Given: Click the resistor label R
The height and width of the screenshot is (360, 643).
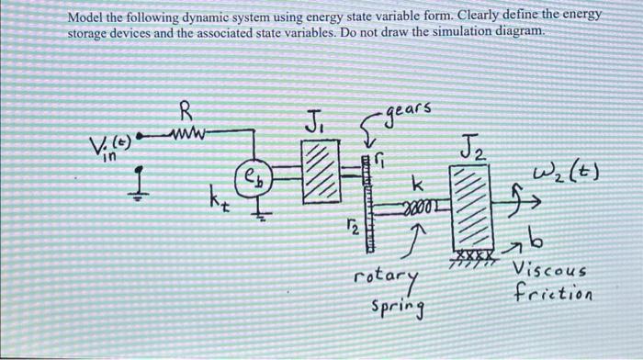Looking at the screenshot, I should point(186,114).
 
